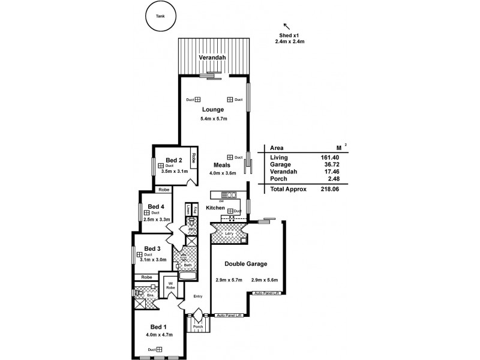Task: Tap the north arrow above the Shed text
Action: click(286, 26)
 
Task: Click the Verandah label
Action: click(212, 58)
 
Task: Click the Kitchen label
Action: click(215, 208)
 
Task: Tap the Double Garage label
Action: click(245, 264)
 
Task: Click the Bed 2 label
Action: click(173, 160)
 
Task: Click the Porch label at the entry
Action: click(197, 327)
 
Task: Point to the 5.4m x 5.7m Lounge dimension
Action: click(213, 119)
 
